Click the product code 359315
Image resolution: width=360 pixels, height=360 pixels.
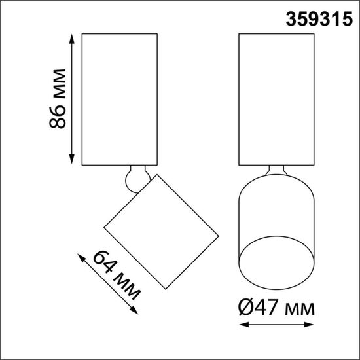[x=316, y=18]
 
